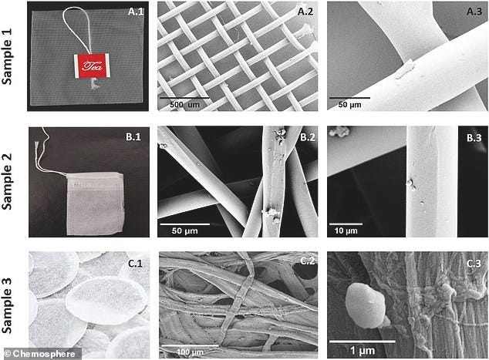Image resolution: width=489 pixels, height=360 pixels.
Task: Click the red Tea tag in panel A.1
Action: (x=88, y=67)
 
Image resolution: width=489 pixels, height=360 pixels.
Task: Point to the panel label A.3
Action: (x=470, y=12)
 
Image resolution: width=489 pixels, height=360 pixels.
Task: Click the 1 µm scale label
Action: (x=362, y=350)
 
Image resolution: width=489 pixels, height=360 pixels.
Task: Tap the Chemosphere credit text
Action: (x=42, y=353)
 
